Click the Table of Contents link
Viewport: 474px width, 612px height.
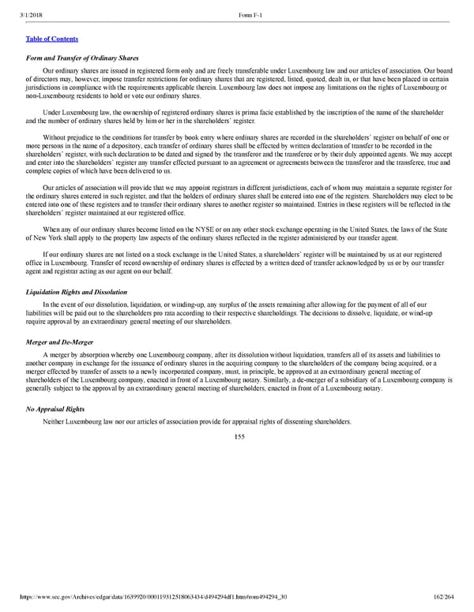click(x=52, y=39)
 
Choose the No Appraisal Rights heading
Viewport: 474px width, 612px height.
click(x=55, y=409)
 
